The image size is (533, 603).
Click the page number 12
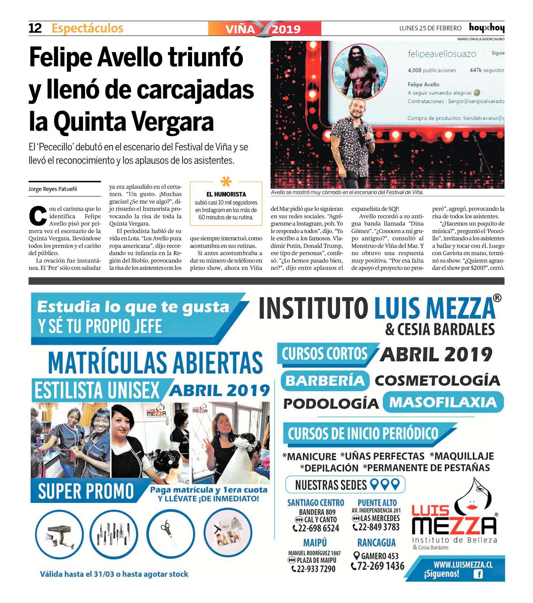[x=35, y=28]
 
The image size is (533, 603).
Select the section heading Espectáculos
[x=87, y=28]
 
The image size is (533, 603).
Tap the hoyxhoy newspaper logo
[x=486, y=28]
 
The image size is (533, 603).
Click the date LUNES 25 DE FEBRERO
[x=430, y=28]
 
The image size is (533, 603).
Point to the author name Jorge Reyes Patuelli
[x=53, y=189]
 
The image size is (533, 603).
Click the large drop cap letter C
[x=38, y=217]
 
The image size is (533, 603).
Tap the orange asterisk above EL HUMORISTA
[x=226, y=182]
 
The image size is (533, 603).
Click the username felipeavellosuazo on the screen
[x=442, y=54]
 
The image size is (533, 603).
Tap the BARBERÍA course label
[x=325, y=381]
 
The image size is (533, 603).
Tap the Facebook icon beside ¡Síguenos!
[x=478, y=575]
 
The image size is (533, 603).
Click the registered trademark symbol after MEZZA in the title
[x=498, y=298]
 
